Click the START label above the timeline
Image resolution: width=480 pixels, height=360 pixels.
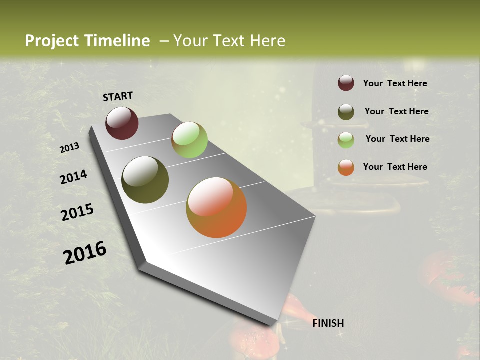point(118,96)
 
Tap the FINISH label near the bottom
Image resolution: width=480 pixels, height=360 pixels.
point(328,323)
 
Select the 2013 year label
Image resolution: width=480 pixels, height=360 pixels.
point(69,148)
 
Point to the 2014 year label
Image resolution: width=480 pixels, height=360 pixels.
point(73,177)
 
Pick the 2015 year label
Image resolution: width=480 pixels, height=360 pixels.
point(77,212)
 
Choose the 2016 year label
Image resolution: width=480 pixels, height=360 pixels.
point(85,253)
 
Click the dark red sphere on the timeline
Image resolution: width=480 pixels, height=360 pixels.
point(122,123)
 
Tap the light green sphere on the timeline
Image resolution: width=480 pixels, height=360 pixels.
point(189,140)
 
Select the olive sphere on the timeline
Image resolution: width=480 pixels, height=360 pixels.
point(145,180)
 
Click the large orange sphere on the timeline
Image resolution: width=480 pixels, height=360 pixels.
point(216,207)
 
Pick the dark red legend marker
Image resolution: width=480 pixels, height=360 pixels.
point(346,83)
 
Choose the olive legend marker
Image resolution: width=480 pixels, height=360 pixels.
point(346,112)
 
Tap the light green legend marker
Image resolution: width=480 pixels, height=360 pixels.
point(346,139)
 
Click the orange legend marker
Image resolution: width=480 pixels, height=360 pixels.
point(346,167)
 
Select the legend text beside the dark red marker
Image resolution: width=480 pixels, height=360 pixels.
point(395,83)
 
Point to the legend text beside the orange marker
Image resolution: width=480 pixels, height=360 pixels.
point(395,167)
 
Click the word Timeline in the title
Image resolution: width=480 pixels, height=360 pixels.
point(117,41)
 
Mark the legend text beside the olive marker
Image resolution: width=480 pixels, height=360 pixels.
point(396,111)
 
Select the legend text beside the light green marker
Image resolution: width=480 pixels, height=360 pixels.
point(397,139)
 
